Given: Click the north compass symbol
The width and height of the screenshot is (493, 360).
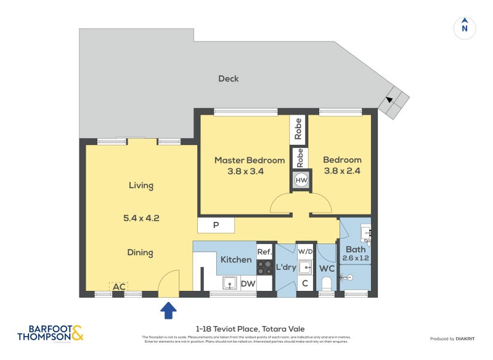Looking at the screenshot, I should (x=465, y=27).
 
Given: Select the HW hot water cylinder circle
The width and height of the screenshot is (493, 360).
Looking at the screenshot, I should (x=301, y=180).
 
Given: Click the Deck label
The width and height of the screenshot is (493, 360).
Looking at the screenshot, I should (x=228, y=79).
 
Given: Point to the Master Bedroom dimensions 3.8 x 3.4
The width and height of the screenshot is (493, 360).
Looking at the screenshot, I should (x=245, y=172).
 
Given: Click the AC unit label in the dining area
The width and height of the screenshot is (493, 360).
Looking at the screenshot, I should (x=120, y=287).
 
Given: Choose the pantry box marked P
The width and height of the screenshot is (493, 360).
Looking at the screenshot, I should (x=216, y=225).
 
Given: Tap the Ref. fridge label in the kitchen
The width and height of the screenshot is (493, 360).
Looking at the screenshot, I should (x=264, y=252).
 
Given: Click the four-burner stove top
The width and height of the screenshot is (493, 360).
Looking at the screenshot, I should (x=264, y=268).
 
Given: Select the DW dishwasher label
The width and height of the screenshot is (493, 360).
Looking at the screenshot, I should (x=248, y=284).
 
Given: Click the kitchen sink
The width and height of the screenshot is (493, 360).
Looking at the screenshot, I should (x=229, y=283).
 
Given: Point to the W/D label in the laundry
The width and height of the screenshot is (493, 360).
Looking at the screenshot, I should (x=305, y=252).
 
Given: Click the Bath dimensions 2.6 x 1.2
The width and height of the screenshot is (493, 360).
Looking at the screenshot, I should (x=356, y=258).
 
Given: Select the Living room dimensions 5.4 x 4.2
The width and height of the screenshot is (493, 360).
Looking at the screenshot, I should (x=141, y=218).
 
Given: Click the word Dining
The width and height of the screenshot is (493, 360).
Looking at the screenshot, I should (x=141, y=253).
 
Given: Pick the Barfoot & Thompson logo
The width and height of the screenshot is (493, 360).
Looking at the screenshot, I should (x=49, y=333).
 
